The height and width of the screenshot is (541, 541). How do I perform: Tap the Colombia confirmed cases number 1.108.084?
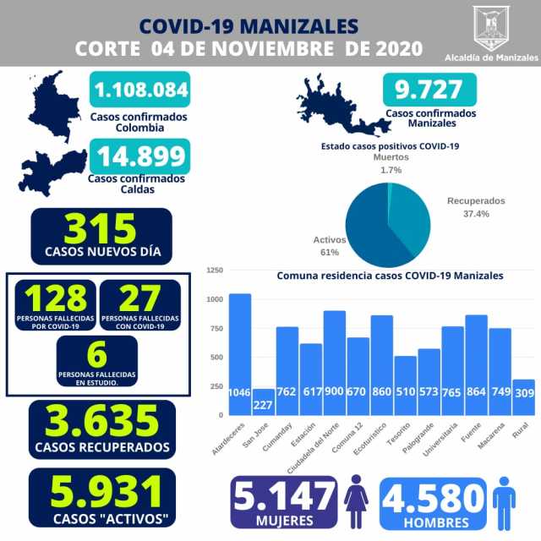[x=140, y=88]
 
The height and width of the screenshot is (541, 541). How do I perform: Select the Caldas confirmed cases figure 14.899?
[x=141, y=157]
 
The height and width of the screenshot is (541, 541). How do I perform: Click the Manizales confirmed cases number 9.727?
[x=429, y=90]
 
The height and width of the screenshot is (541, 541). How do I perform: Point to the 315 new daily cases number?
[x=101, y=228]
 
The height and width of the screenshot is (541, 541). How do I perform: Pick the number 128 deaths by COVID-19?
[x=56, y=298]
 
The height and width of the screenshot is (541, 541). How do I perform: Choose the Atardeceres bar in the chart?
[x=240, y=354]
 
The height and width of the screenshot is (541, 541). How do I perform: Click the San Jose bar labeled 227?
[x=264, y=402]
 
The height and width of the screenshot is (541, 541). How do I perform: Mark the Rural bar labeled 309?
[x=524, y=397]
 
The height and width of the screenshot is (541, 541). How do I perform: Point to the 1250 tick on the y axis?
[x=214, y=270]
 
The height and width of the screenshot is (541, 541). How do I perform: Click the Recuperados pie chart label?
[x=475, y=201]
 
